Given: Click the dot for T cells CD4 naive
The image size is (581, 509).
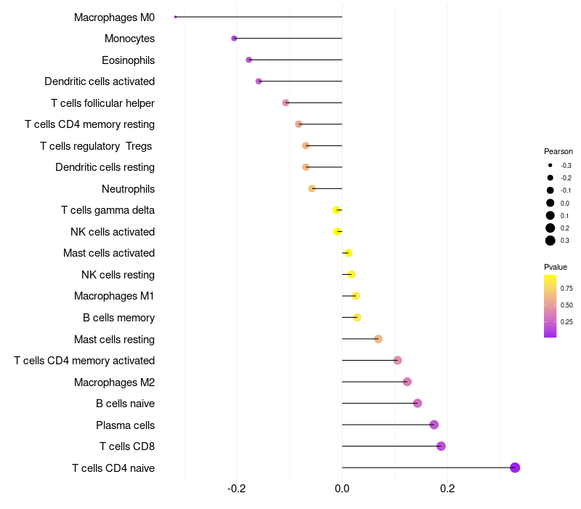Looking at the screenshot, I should [x=515, y=468].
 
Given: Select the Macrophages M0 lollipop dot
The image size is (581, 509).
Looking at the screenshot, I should [x=176, y=17].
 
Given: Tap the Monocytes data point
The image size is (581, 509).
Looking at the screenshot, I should [x=234, y=38].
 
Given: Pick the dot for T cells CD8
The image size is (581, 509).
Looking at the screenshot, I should [x=441, y=446].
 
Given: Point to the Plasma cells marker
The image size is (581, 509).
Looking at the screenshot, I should [x=434, y=425].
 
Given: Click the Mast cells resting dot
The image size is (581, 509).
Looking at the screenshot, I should [x=378, y=339].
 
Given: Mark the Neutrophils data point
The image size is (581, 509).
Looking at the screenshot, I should [x=312, y=188].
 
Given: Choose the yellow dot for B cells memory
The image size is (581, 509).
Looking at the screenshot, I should [x=357, y=317].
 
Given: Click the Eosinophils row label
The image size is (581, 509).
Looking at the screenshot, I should [x=128, y=60].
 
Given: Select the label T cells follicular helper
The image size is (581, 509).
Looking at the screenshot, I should [x=102, y=103].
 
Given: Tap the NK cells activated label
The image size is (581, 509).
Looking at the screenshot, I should [x=113, y=232].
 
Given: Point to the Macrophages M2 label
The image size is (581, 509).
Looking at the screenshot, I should [x=114, y=382].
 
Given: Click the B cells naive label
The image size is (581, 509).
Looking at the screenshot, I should [x=125, y=404].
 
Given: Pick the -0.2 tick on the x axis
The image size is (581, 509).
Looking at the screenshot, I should [x=236, y=489].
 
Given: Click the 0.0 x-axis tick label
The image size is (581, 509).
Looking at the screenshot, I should [x=342, y=489].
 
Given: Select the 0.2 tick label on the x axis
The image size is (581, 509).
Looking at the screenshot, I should [x=447, y=489].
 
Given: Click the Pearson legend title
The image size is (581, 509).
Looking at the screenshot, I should [x=558, y=152].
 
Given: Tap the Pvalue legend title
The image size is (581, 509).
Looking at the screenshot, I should [x=556, y=267].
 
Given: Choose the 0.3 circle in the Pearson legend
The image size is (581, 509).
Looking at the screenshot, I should [x=550, y=241].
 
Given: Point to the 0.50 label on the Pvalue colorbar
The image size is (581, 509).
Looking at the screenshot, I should [x=566, y=305].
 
